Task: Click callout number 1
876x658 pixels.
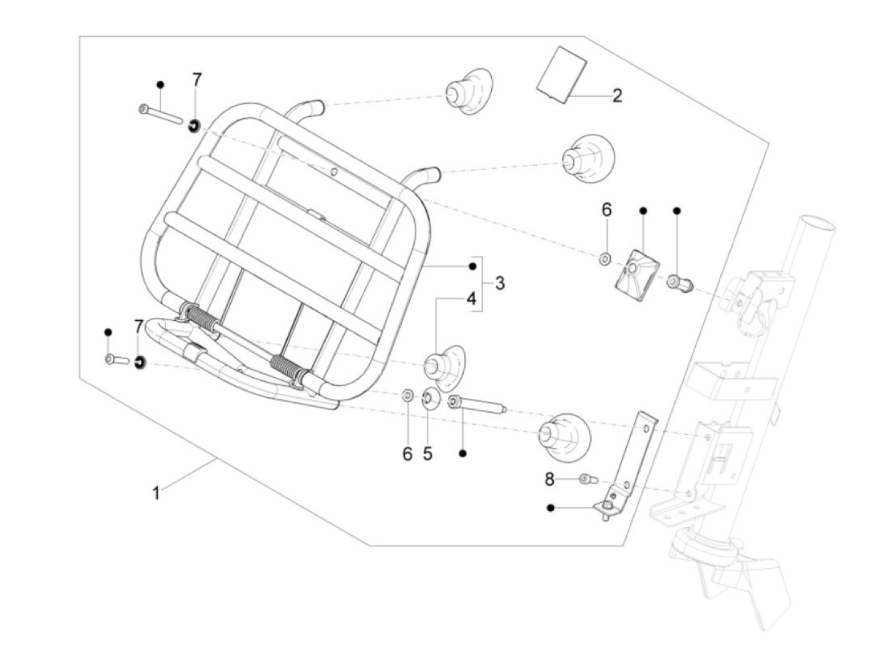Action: click(x=156, y=493)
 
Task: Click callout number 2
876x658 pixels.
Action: click(x=617, y=96)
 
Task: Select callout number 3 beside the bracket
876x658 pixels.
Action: click(x=499, y=283)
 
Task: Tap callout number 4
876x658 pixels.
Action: click(x=471, y=298)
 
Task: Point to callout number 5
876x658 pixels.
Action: click(x=427, y=453)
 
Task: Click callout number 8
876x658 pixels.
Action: click(x=549, y=480)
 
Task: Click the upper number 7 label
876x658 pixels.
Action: click(x=197, y=80)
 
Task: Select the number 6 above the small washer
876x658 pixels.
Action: click(x=606, y=210)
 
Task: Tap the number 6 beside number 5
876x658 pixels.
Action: click(x=407, y=453)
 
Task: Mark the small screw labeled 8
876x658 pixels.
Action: click(x=586, y=479)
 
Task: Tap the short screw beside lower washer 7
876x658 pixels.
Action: click(x=116, y=360)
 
